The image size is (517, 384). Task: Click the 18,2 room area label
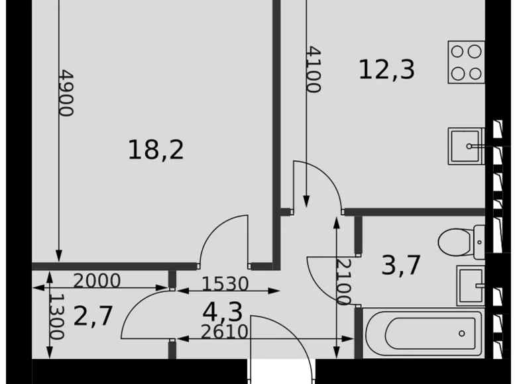point(156,151)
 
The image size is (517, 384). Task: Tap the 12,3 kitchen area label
point(386,69)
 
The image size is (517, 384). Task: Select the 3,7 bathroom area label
point(401,265)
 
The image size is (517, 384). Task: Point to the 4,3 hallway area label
point(222,311)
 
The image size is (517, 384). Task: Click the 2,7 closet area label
point(93,316)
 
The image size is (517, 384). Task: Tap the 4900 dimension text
point(66,93)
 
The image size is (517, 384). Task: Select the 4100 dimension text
point(314,69)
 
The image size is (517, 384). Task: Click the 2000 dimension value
point(97,281)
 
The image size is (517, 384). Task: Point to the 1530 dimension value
point(225,284)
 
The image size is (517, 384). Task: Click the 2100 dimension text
point(343,281)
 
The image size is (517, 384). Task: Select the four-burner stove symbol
point(466,62)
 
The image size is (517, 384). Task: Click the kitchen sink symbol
point(467,146)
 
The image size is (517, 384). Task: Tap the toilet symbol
point(462,244)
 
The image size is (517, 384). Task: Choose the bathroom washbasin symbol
point(471,285)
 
